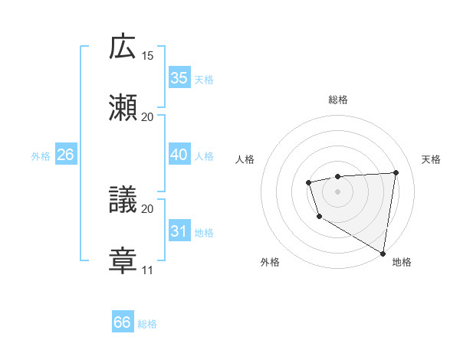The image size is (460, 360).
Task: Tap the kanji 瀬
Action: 123,106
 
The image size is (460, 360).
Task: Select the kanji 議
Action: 123,198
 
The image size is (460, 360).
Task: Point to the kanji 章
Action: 123,259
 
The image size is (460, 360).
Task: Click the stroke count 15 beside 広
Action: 148,56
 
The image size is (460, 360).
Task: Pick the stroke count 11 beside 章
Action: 148,270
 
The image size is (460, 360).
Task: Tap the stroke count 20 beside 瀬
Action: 148,116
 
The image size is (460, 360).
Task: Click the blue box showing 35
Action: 179,78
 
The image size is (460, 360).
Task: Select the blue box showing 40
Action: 179,155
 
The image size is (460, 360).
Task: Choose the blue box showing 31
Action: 179,231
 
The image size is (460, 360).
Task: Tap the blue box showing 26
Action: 65,155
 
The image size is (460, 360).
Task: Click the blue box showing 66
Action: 122,322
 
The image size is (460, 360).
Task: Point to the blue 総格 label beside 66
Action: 147,324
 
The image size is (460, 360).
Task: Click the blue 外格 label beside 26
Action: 41,156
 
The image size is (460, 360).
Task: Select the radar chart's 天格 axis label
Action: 431,159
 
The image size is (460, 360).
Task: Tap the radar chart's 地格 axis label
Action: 402,262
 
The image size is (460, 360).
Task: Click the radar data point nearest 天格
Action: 396,172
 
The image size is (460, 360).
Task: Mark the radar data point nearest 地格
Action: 383,252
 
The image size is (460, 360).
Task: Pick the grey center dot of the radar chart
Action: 337,191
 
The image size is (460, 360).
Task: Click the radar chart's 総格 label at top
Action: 337,100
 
